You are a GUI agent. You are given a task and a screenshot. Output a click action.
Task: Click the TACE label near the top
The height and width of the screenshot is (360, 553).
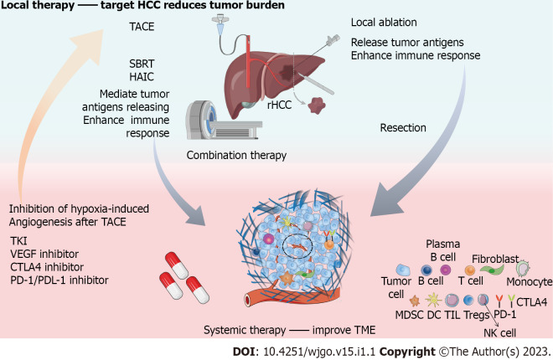142,27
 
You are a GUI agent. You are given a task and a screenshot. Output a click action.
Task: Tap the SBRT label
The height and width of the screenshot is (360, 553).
142,64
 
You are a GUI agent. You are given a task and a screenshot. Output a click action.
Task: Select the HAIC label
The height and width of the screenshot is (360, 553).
142,77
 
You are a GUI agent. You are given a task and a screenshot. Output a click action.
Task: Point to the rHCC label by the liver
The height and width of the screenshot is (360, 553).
279,105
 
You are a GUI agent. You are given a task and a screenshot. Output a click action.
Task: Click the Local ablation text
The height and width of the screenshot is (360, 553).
384,23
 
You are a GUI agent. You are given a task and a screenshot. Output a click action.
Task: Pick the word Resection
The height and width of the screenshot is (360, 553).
403,127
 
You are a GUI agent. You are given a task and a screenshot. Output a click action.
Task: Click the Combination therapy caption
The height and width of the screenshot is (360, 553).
236,156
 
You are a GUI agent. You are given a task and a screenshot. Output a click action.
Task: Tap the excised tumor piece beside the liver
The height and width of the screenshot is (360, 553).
317,105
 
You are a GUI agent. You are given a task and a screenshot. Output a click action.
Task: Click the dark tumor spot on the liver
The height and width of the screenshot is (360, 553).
287,73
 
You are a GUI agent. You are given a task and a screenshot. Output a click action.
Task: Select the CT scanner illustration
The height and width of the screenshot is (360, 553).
223,120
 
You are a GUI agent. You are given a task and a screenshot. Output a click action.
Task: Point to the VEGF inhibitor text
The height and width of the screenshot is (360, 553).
44,254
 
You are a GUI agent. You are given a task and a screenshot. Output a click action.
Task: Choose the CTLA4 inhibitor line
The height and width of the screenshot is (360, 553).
47,267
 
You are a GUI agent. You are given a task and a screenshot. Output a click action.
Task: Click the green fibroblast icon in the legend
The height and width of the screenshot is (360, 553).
492,270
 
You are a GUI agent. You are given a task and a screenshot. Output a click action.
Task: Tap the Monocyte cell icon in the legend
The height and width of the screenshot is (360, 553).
524,269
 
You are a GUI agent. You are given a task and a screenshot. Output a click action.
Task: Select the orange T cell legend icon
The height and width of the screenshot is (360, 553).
470,270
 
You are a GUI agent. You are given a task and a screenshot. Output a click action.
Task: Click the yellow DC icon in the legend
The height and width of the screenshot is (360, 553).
434,300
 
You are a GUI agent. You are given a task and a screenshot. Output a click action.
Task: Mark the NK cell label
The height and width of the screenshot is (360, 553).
499,333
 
